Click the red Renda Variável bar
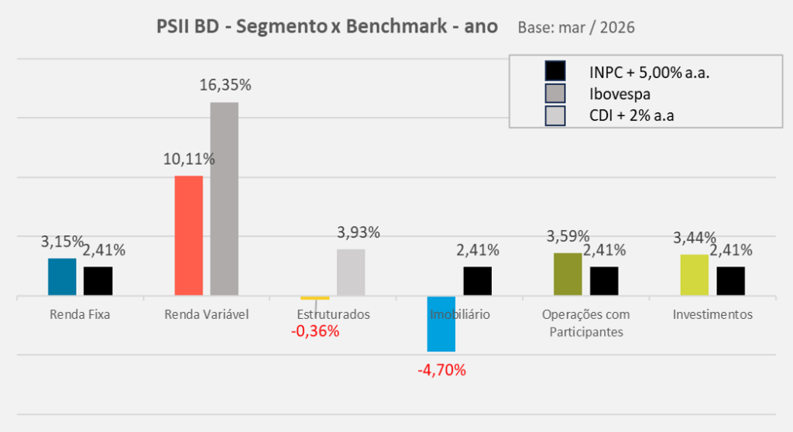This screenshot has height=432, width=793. click(188, 235)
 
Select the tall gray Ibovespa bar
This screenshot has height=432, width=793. click(224, 198)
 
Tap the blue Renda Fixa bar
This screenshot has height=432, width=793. click(62, 276)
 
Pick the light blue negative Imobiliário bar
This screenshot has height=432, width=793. click(441, 324)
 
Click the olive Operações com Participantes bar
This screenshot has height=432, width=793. click(568, 274)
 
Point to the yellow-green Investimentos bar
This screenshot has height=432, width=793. click(694, 275)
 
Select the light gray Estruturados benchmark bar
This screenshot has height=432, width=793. click(351, 272)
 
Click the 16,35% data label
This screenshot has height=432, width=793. click(225, 86)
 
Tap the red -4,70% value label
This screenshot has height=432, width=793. click(441, 370)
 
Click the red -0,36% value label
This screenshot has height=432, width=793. click(315, 331)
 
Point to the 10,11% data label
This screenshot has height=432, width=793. click(189, 159)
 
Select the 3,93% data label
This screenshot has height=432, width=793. click(359, 232)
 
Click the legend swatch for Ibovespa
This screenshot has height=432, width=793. click(555, 94)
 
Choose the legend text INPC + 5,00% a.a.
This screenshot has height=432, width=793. click(649, 73)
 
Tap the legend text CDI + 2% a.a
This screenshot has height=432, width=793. click(638, 115)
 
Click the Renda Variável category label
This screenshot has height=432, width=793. click(207, 315)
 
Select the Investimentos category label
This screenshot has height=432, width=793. click(712, 315)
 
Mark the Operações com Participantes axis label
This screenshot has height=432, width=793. click(586, 323)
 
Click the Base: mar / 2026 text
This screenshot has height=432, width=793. click(575, 28)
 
